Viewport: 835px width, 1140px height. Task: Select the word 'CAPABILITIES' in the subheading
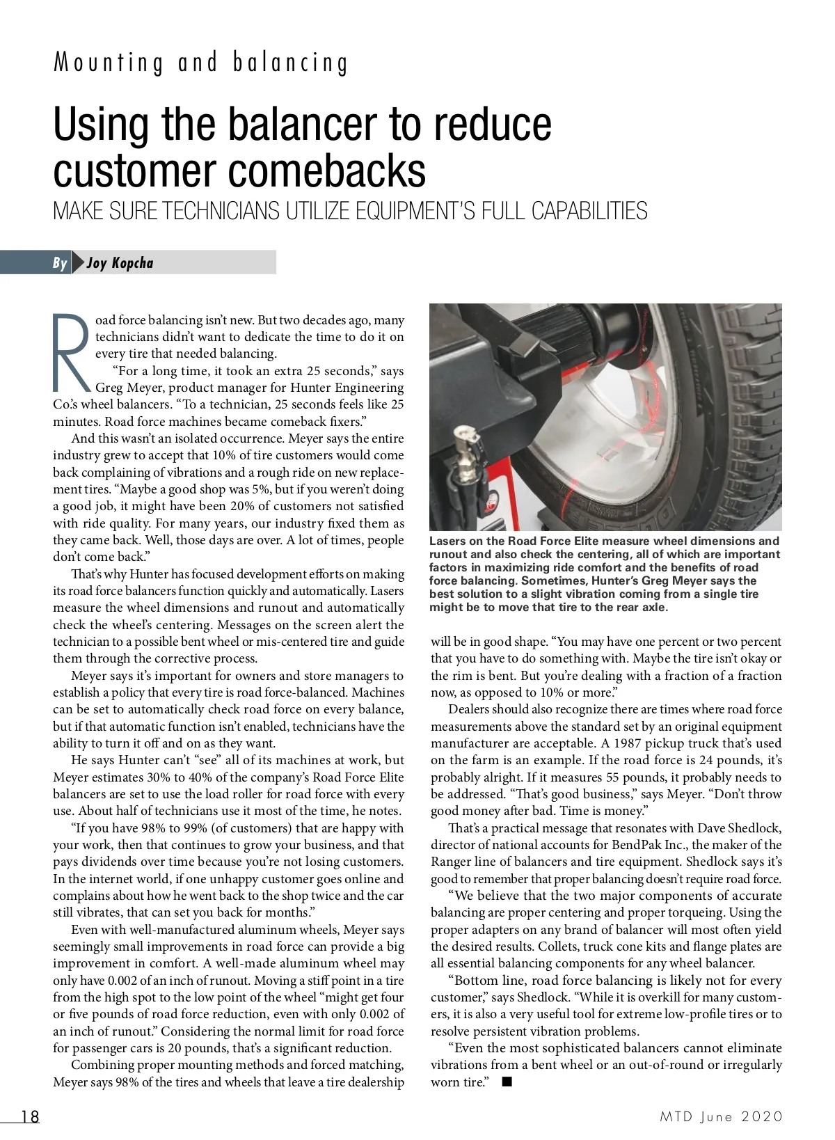click(x=589, y=211)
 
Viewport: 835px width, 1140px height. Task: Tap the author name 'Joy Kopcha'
click(x=120, y=263)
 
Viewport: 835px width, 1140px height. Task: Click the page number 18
click(x=30, y=1116)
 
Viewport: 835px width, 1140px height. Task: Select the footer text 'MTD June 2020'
click(x=722, y=1116)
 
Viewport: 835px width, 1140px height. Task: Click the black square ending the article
click(x=507, y=1082)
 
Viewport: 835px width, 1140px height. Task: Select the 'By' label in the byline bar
click(x=60, y=263)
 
